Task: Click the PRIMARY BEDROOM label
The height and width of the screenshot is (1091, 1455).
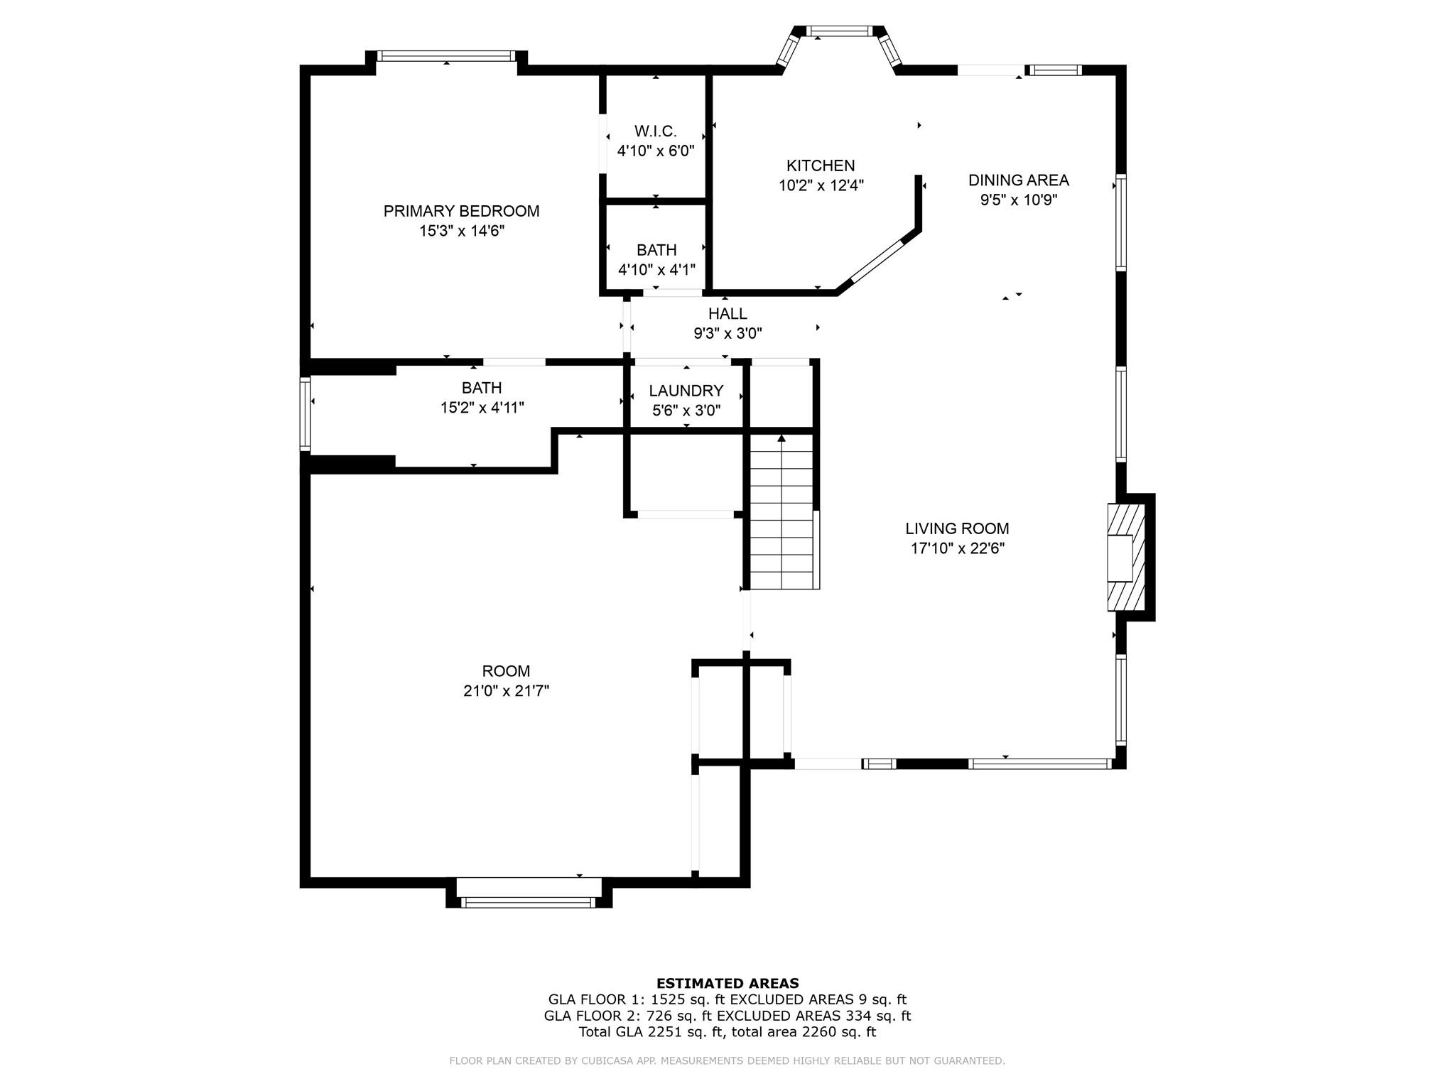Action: click(x=461, y=211)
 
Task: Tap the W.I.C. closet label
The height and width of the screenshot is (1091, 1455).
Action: click(x=655, y=131)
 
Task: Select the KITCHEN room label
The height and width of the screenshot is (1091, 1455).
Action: click(x=820, y=165)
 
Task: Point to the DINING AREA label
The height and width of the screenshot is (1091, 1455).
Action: click(x=1018, y=180)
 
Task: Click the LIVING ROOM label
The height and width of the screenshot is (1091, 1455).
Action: click(x=957, y=528)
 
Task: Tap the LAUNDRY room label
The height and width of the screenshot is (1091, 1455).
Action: click(x=686, y=391)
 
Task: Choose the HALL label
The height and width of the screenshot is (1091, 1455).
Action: click(x=727, y=313)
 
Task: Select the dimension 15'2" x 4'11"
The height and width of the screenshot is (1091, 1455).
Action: click(x=482, y=408)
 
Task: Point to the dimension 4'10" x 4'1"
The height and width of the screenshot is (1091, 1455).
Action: click(x=656, y=270)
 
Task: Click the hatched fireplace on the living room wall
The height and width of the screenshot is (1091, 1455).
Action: click(x=1126, y=557)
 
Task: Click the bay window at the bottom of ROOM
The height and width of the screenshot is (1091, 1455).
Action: click(x=529, y=902)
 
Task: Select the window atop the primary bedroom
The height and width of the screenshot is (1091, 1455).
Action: click(x=446, y=55)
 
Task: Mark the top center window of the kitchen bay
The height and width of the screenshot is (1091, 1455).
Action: click(x=840, y=31)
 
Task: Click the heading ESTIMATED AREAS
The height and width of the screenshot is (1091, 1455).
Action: click(x=727, y=983)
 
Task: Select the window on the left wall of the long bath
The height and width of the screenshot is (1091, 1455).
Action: click(x=305, y=414)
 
